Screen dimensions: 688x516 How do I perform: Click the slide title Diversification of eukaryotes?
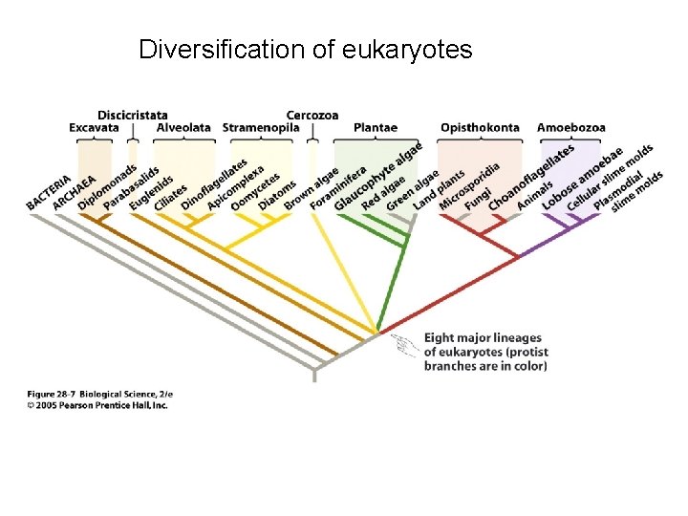click(305, 49)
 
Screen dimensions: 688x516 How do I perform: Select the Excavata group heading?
click(94, 128)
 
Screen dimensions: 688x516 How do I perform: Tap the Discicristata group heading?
click(132, 115)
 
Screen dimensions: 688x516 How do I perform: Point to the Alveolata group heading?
click(183, 128)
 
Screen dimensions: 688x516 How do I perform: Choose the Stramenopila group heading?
click(261, 128)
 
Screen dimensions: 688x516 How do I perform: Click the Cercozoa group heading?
click(312, 115)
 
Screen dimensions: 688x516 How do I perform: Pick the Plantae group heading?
click(376, 128)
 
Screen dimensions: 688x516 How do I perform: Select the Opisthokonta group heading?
click(480, 128)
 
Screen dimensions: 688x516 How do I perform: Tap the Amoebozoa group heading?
click(570, 128)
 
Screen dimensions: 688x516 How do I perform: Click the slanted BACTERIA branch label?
click(49, 191)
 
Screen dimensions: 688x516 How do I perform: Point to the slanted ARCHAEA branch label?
click(74, 191)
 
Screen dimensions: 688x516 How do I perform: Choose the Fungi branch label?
click(478, 198)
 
